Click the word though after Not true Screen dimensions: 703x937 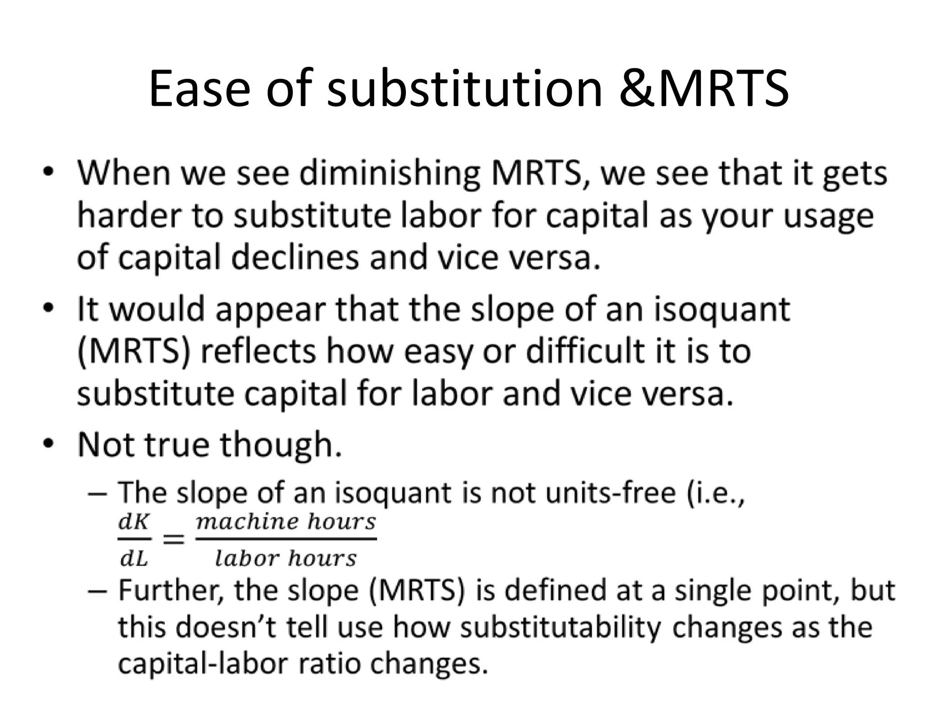click(x=281, y=445)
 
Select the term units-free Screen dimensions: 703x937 click(x=599, y=493)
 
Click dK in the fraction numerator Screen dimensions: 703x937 click(x=134, y=522)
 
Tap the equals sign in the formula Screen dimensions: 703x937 click(x=173, y=540)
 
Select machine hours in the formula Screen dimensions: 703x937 click(x=286, y=522)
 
